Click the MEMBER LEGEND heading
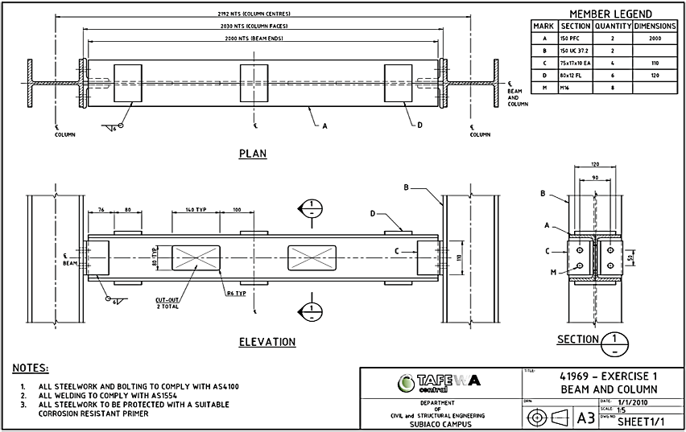click(x=610, y=14)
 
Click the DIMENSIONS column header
click(x=654, y=26)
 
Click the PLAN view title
click(x=252, y=153)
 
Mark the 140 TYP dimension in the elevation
click(x=196, y=208)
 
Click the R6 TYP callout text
click(x=238, y=295)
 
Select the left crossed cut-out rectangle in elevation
click(x=196, y=257)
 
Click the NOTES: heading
click(x=31, y=368)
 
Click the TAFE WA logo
click(x=436, y=381)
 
